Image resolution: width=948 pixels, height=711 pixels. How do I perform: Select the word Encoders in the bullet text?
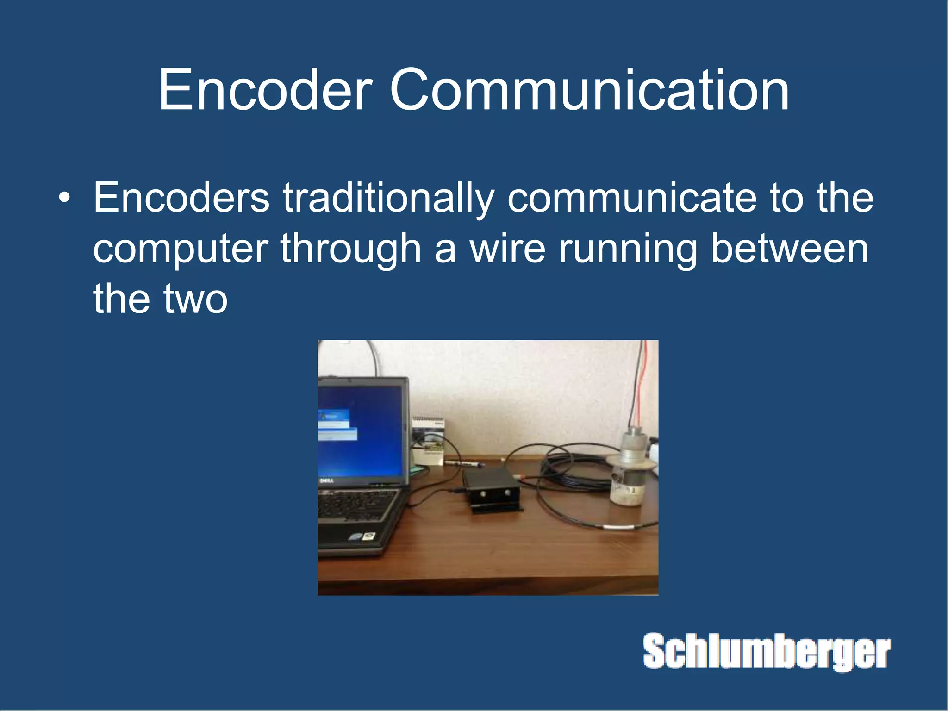181,198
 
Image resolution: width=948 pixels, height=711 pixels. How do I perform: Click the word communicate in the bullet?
631,198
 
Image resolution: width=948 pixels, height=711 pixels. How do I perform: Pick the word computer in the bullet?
181,249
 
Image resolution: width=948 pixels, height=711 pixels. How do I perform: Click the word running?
628,249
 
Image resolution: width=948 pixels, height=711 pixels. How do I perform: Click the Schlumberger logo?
767,651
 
